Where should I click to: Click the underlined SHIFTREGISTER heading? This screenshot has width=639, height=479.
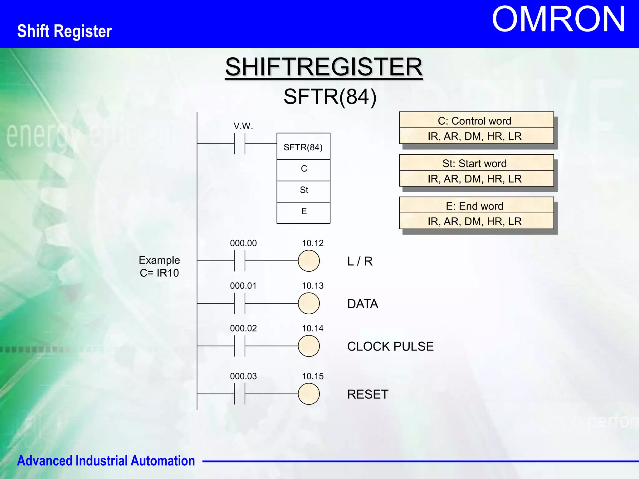tap(324, 67)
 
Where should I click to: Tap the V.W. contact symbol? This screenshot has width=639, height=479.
tap(240, 144)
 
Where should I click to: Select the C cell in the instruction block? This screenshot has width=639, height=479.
tap(304, 169)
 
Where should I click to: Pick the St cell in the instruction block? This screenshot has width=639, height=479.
tap(304, 190)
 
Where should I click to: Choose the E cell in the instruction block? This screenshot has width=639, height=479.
tap(304, 212)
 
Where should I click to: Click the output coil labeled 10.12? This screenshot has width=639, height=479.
tap(309, 261)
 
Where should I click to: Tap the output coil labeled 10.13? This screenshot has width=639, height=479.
tap(309, 303)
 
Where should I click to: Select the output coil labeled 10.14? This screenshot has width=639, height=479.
tap(309, 346)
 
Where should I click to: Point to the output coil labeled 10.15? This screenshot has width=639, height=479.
tap(309, 394)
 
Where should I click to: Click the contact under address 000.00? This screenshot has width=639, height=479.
tap(240, 261)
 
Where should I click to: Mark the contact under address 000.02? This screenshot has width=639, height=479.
tap(240, 346)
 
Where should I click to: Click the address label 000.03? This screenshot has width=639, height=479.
tap(243, 376)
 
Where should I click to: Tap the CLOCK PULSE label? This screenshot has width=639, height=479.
tap(390, 346)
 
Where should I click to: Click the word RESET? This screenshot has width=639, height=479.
tap(368, 394)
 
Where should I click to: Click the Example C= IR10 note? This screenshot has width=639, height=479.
tap(159, 267)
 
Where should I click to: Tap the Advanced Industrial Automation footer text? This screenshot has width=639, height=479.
tap(106, 461)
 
